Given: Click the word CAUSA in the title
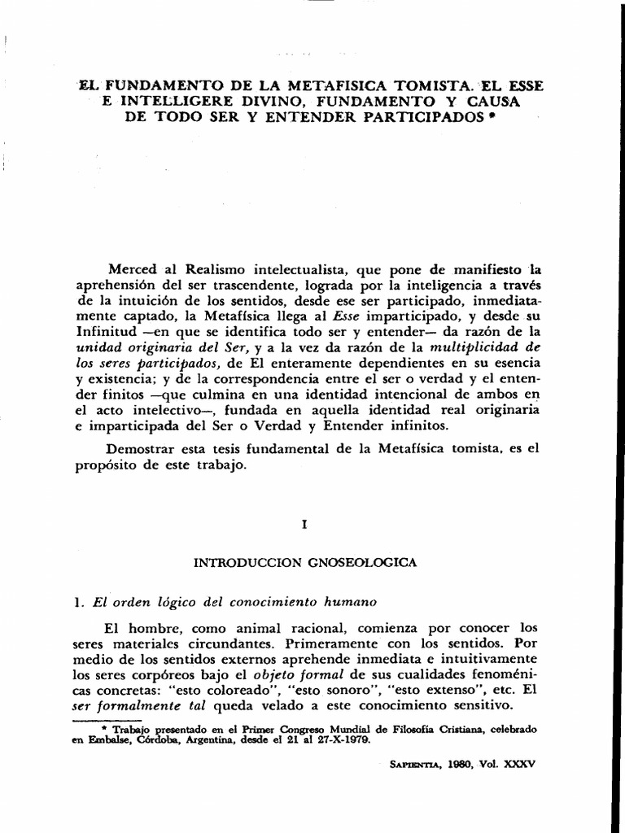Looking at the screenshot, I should [490, 101].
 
